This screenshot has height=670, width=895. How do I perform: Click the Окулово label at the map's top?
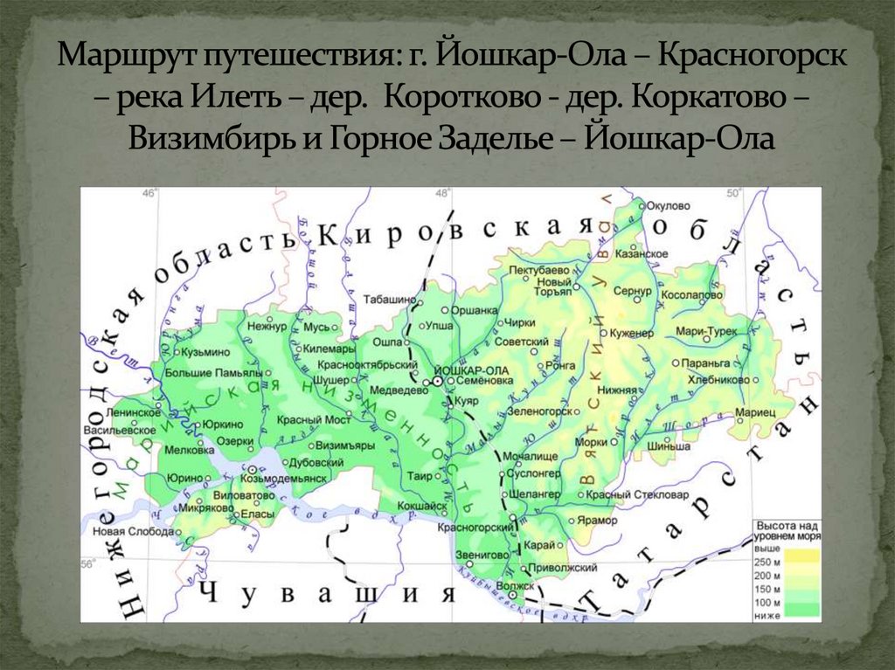click(x=669, y=205)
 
